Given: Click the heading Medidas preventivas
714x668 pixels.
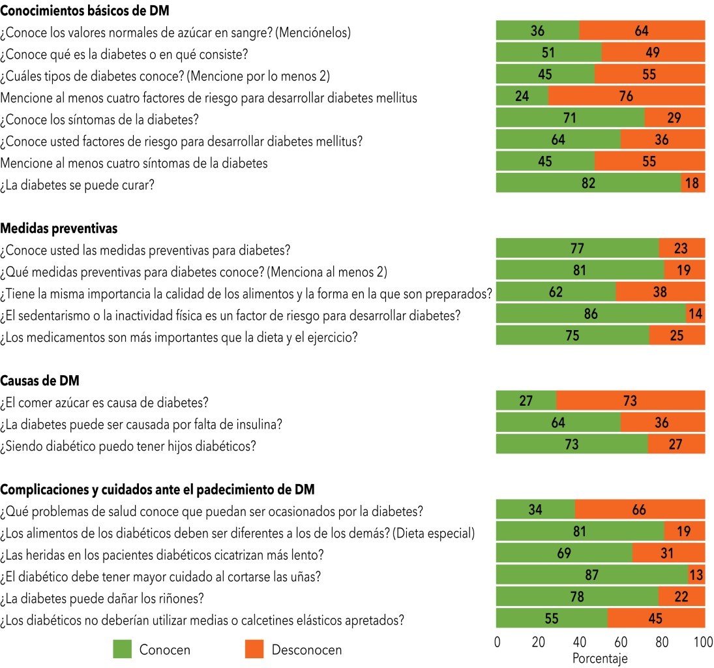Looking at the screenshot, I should [x=59, y=228].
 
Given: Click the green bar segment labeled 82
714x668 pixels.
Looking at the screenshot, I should [x=588, y=183].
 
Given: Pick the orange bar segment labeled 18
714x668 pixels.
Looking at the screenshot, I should [x=692, y=183].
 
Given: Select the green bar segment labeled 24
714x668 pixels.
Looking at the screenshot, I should [x=522, y=97].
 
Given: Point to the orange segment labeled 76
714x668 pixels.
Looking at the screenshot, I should [x=627, y=97].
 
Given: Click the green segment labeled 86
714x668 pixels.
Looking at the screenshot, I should [x=591, y=314].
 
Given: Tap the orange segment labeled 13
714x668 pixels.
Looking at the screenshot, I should [x=696, y=575].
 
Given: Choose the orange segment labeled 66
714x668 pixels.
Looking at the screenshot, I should [x=640, y=510].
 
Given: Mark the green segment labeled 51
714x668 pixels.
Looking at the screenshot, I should [x=549, y=53].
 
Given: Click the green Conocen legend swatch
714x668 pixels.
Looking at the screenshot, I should [x=122, y=649].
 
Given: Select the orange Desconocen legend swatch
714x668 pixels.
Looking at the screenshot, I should [x=254, y=649].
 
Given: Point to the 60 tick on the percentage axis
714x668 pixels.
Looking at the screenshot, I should [x=621, y=642].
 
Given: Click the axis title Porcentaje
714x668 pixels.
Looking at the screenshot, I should [x=600, y=658].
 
